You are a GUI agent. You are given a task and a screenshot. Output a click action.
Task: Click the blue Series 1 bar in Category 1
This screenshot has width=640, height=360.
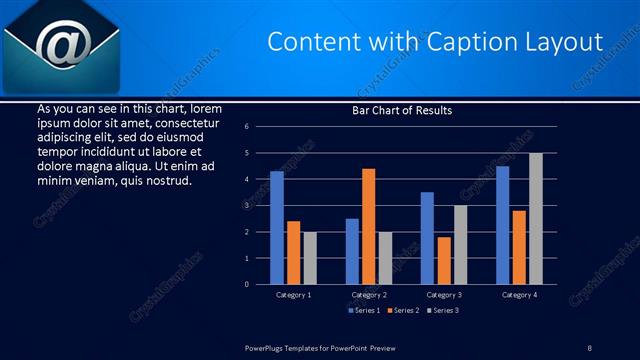(277, 228)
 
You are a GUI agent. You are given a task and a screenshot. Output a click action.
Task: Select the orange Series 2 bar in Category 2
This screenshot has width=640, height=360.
(369, 226)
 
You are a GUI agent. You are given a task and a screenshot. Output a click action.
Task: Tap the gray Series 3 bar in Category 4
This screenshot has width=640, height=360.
(535, 219)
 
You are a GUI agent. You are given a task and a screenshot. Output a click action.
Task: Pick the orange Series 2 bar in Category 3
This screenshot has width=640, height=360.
(444, 260)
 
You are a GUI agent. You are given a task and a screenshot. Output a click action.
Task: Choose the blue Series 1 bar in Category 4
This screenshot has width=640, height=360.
(502, 225)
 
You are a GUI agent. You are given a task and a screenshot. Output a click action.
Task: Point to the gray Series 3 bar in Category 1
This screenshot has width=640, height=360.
(310, 258)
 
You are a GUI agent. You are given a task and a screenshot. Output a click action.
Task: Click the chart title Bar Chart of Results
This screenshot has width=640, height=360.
(402, 110)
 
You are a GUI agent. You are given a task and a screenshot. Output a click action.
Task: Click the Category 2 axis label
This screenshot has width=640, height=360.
(369, 295)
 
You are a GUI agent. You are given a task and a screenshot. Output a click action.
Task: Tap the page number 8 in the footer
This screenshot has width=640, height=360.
(589, 347)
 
